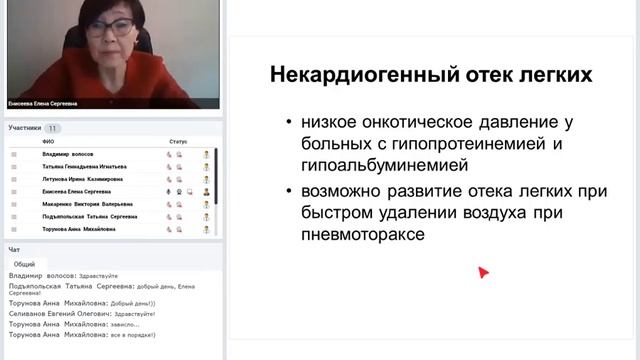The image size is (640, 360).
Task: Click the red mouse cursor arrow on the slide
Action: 483,271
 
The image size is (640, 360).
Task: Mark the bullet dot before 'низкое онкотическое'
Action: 290,123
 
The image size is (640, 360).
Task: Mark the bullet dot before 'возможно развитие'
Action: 290,190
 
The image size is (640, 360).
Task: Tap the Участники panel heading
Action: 25,128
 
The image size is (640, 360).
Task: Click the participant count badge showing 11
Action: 53,128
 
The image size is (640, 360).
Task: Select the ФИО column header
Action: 48,141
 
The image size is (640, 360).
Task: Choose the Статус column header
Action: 178,141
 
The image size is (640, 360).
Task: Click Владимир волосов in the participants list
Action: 73,155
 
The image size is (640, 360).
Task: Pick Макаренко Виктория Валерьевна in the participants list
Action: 86,204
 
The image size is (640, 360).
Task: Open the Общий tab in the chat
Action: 24,264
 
